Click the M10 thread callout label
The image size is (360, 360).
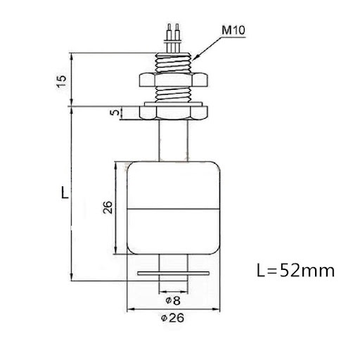tap(233, 30)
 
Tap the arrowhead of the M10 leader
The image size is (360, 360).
tap(195, 58)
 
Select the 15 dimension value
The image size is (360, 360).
tap(62, 82)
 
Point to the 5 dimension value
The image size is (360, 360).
tap(115, 112)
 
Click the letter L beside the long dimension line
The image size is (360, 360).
tap(65, 193)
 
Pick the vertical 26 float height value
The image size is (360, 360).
tap(108, 207)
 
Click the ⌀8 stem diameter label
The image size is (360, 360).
tap(173, 301)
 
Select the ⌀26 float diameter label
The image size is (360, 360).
tap(172, 318)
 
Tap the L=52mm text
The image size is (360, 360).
tap(295, 271)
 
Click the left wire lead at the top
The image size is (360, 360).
tap(169, 38)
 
